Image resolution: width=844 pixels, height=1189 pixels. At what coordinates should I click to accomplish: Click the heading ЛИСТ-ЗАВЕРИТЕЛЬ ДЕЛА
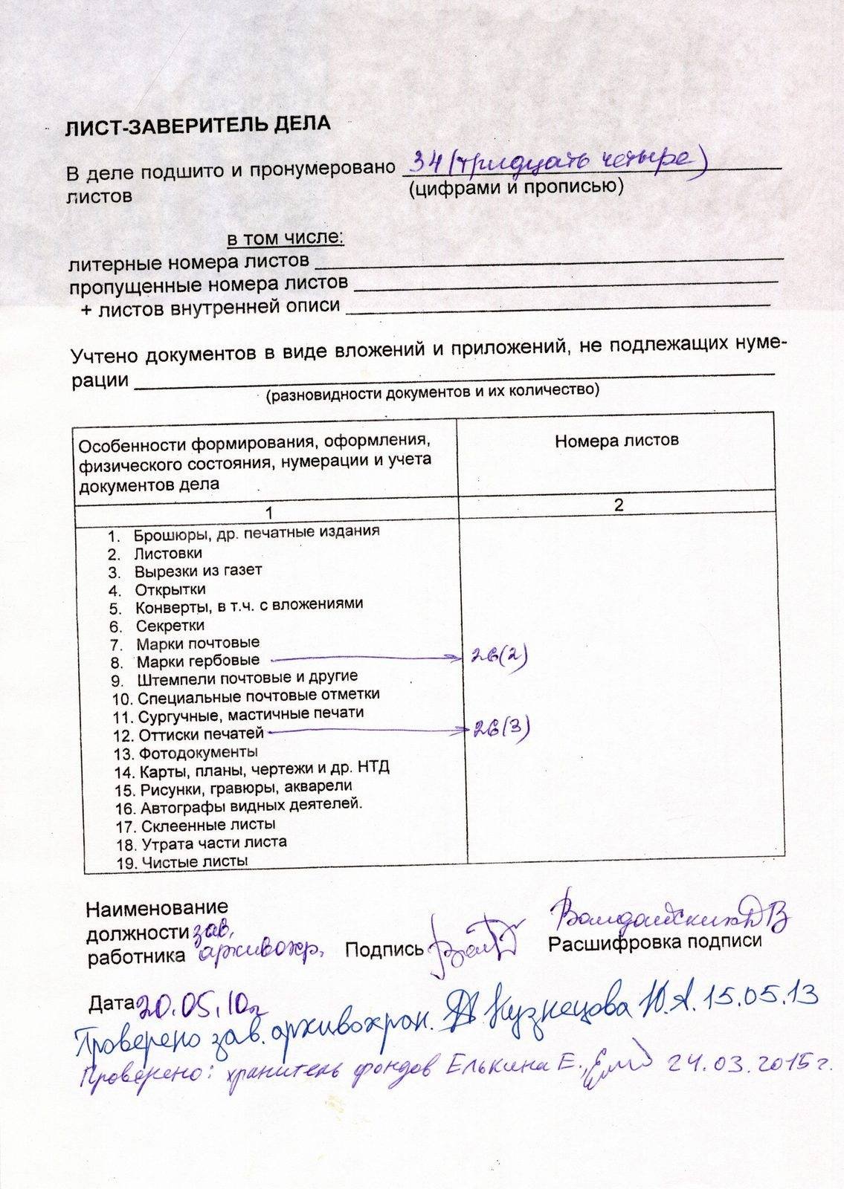pyautogui.click(x=196, y=126)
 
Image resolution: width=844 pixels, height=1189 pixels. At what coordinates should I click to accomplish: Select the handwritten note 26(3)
pyautogui.click(x=501, y=729)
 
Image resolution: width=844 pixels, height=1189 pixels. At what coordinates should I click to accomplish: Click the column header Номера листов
pyautogui.click(x=616, y=441)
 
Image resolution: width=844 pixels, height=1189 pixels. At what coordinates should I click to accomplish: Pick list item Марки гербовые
pyautogui.click(x=198, y=661)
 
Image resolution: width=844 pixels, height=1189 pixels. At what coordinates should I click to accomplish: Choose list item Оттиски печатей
pyautogui.click(x=201, y=735)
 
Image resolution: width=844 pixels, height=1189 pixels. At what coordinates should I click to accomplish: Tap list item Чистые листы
pyautogui.click(x=194, y=862)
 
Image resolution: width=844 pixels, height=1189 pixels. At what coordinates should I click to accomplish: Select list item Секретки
pyautogui.click(x=170, y=626)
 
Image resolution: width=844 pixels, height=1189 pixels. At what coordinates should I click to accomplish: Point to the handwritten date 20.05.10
pyautogui.click(x=196, y=1005)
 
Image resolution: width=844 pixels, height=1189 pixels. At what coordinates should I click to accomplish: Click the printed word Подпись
pyautogui.click(x=384, y=949)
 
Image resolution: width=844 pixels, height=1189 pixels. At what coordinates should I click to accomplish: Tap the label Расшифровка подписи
pyautogui.click(x=654, y=941)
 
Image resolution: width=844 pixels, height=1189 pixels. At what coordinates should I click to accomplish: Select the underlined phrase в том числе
pyautogui.click(x=285, y=239)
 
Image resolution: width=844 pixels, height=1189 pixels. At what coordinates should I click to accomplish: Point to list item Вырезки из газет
pyautogui.click(x=198, y=571)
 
